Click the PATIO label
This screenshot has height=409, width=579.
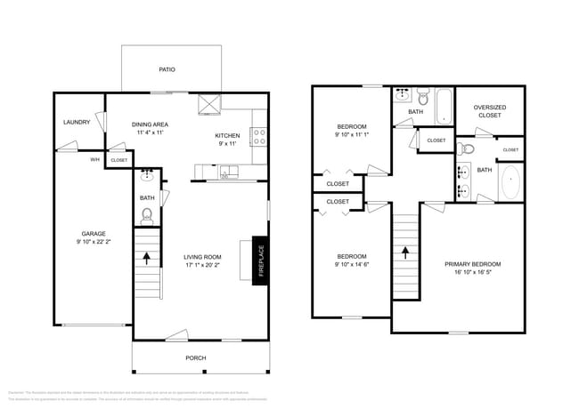tap(167, 68)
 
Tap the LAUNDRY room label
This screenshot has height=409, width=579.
tap(77, 122)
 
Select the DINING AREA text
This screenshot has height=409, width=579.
tap(150, 124)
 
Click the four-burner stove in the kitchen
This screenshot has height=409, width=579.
tap(259, 137)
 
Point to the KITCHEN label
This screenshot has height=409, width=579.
tap(227, 135)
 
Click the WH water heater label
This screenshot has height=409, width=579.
tap(94, 160)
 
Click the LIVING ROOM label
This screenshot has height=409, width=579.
tap(203, 256)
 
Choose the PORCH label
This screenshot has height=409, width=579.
tap(196, 357)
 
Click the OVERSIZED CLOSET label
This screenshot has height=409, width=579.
tap(489, 111)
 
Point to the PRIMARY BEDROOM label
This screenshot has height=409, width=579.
tap(472, 264)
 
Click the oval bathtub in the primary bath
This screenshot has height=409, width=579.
tap(510, 183)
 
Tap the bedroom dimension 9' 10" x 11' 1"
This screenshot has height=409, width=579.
tap(351, 134)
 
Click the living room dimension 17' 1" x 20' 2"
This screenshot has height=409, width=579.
tap(203, 265)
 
